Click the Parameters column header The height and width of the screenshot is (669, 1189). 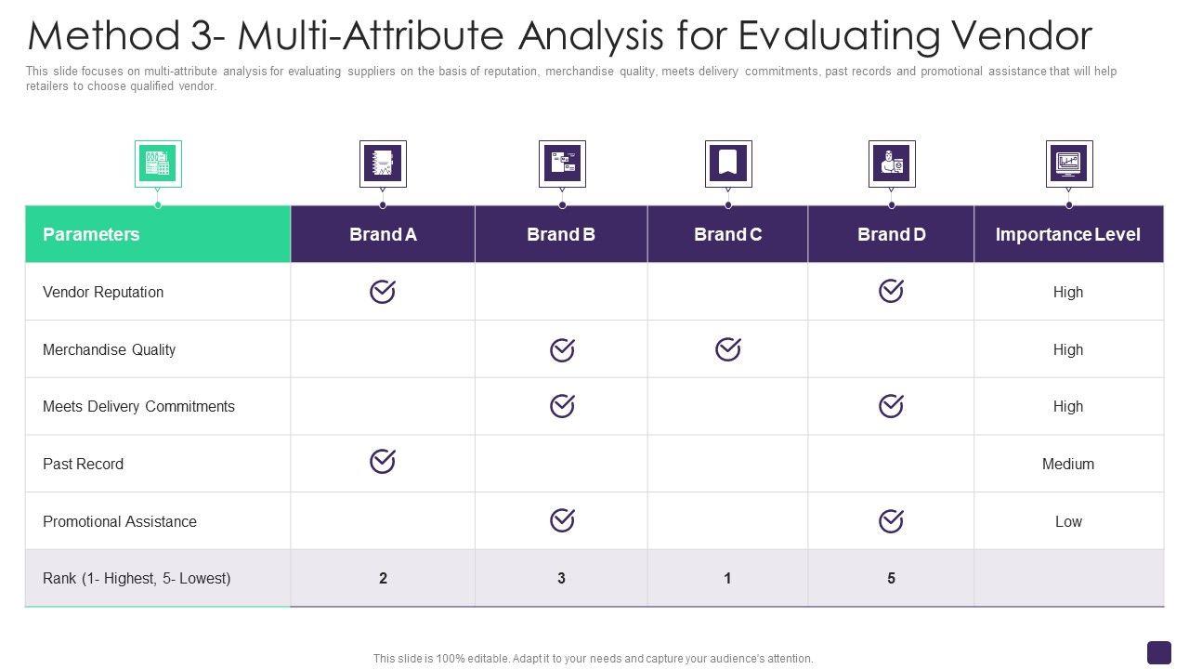91,234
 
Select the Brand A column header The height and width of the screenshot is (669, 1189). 383,234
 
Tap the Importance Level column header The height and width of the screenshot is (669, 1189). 1067,234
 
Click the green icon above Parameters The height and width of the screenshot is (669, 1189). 158,164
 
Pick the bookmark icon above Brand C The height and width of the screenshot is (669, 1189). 727,164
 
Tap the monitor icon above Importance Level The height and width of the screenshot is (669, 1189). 1068,164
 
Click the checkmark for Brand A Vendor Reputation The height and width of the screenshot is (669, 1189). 383,292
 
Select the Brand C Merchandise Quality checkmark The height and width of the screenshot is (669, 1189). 727,348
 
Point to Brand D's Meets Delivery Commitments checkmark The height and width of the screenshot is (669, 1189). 891,406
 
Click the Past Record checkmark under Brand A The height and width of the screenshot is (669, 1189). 383,461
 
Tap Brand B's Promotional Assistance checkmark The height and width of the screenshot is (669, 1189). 562,520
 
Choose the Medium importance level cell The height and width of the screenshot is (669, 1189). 1068,464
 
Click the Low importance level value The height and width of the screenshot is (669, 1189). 1068,521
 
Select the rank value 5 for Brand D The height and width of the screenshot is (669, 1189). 891,578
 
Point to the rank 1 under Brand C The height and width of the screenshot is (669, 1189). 727,578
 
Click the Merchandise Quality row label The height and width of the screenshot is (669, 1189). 109,349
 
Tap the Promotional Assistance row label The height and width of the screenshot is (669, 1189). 120,521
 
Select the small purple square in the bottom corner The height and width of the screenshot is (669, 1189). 1159,652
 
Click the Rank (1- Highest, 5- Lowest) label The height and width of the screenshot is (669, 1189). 137,578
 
